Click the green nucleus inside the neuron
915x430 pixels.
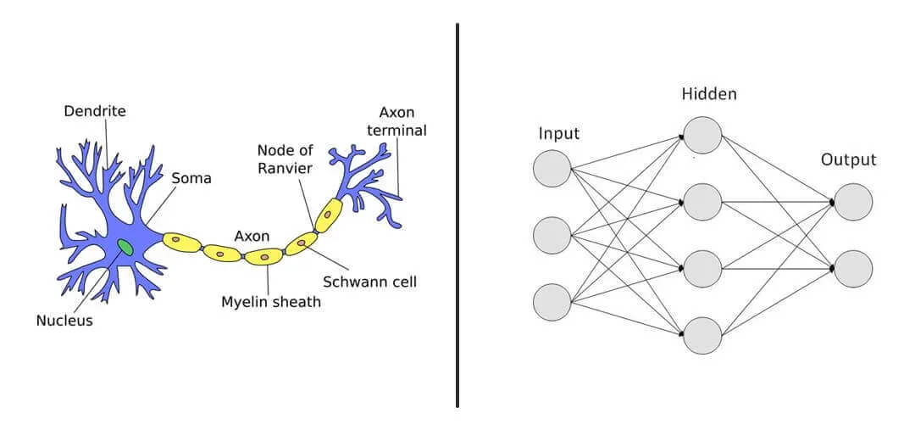[125, 247]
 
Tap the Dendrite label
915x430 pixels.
[95, 111]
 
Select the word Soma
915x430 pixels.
[191, 179]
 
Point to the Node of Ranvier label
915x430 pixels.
[286, 159]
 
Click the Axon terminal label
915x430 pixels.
[402, 121]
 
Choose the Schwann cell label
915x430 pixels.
[370, 282]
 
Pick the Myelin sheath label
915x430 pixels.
[271, 301]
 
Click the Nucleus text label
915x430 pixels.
[64, 321]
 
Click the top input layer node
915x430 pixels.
[552, 168]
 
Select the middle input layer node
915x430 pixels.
[552, 235]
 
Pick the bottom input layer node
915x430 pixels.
[552, 303]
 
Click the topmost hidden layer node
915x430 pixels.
[703, 135]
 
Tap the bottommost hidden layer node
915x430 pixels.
[703, 335]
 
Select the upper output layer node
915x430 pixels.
[853, 202]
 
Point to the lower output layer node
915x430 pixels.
[853, 268]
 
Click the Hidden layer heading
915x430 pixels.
[709, 94]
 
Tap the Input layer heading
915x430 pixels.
[559, 134]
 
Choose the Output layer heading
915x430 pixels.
[848, 159]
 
